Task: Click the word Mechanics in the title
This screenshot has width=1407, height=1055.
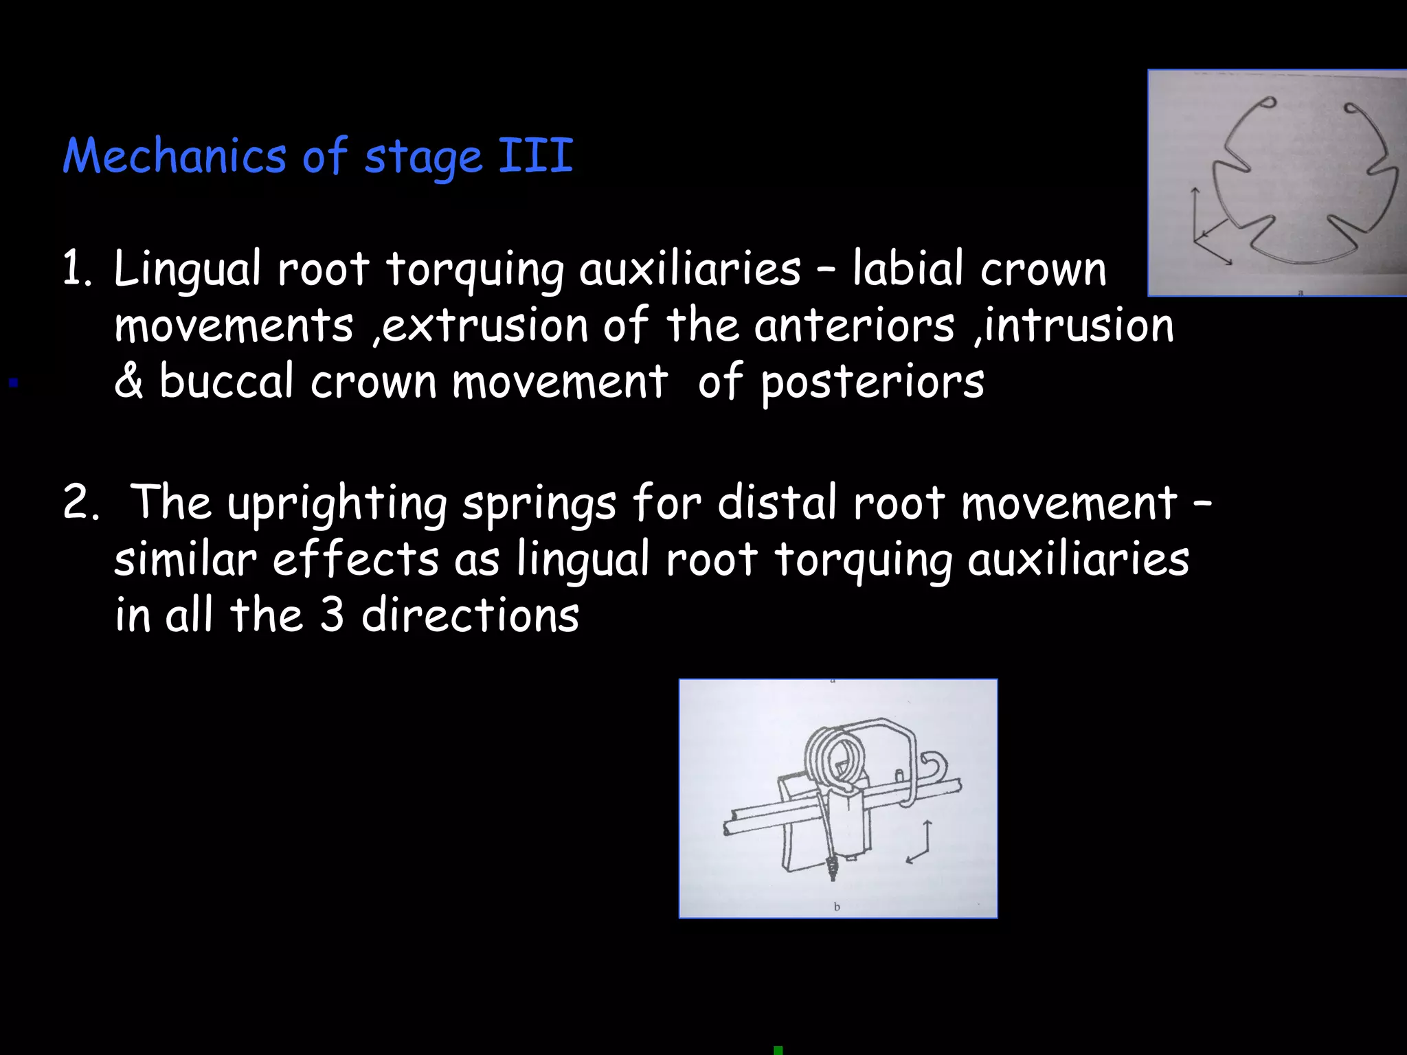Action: tap(175, 156)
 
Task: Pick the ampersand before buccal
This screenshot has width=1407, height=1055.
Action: tap(128, 382)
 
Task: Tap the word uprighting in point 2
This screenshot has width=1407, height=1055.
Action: tap(337, 503)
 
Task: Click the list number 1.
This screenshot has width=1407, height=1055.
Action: tap(76, 269)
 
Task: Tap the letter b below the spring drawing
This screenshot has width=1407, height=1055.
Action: tap(837, 907)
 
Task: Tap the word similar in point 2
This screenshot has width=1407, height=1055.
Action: tap(185, 559)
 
